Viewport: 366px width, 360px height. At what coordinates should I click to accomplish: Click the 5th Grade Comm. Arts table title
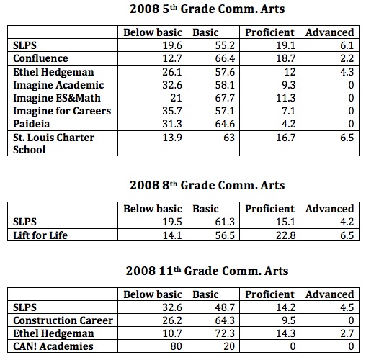tap(207, 9)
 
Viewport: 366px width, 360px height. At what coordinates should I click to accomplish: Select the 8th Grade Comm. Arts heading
tap(207, 185)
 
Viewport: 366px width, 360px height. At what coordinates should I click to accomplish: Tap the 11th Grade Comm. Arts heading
tap(207, 271)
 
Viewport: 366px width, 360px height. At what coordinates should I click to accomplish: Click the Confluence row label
tap(40, 58)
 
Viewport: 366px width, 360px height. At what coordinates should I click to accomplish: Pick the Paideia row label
tap(32, 124)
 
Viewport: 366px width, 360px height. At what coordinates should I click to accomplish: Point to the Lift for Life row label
tap(40, 235)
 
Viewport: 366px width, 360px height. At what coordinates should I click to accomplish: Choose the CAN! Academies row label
tap(53, 346)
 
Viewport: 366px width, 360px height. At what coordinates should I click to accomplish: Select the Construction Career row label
tap(63, 320)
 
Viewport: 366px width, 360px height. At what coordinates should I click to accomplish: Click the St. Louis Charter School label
tap(53, 143)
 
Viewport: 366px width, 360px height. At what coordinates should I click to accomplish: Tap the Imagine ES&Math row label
tap(57, 98)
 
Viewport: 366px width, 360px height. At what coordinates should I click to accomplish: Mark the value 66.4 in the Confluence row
tap(225, 58)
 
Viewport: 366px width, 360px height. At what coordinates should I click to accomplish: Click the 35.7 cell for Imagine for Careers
tap(172, 111)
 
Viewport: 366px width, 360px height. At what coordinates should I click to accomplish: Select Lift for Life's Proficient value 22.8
tap(285, 235)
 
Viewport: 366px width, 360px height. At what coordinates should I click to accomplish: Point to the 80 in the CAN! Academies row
tap(176, 346)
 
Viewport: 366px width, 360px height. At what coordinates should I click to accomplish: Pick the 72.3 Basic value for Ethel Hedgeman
tap(225, 333)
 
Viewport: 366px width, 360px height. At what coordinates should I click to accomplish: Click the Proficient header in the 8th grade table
tap(269, 209)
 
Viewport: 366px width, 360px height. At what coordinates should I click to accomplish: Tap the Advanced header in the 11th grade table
tap(330, 294)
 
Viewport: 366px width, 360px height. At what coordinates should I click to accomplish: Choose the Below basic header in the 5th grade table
tap(153, 32)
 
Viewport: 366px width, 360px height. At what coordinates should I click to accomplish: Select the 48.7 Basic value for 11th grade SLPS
tap(225, 307)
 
